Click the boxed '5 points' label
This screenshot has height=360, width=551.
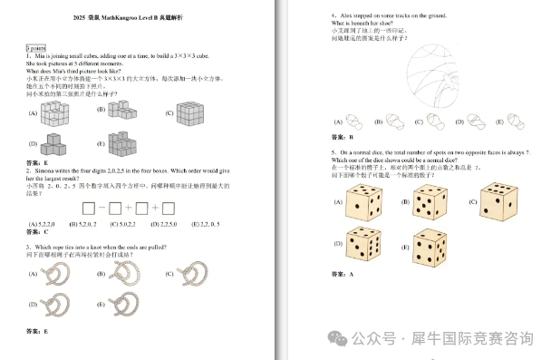click(x=35, y=47)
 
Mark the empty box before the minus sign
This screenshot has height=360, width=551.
click(x=89, y=208)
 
